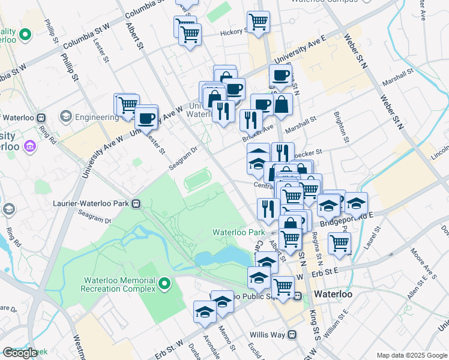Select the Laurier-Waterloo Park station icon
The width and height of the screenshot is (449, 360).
(137, 203)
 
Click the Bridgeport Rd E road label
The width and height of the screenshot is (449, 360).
(347, 220)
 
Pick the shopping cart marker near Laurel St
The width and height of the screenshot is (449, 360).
(339, 243)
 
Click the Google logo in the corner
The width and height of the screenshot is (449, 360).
(20, 353)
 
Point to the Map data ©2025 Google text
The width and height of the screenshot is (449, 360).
(411, 355)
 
